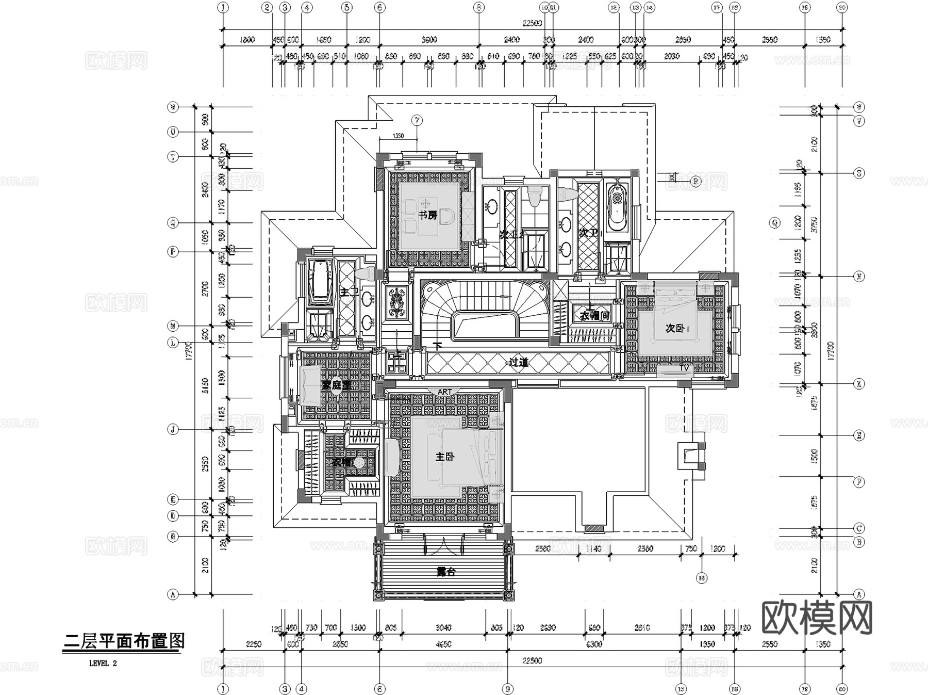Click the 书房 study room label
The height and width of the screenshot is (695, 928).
point(427,215)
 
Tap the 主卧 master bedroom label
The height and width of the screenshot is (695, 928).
point(445,457)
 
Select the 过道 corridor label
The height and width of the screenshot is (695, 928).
point(519,362)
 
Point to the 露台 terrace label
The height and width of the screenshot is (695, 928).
point(446,572)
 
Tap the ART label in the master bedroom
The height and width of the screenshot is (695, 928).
point(444,392)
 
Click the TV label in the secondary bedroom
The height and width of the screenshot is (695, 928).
point(684,368)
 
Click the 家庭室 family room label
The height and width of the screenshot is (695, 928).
point(336,385)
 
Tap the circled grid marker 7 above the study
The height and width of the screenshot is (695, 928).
point(417,121)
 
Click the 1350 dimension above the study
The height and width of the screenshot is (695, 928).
point(397,136)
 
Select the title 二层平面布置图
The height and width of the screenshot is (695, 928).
point(123,641)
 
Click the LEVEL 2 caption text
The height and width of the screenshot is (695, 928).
point(103,664)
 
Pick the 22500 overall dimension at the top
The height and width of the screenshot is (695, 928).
point(533,23)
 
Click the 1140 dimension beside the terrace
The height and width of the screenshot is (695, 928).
point(594,549)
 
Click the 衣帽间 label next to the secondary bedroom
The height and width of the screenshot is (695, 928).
point(594,315)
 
